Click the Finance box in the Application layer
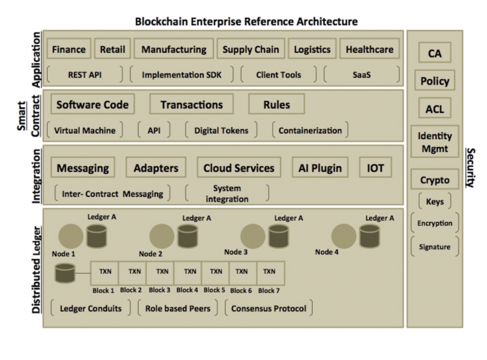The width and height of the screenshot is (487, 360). pyautogui.click(x=69, y=49)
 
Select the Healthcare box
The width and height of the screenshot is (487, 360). pyautogui.click(x=369, y=49)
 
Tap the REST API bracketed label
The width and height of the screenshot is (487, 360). pyautogui.click(x=85, y=74)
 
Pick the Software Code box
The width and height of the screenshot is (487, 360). pyautogui.click(x=92, y=104)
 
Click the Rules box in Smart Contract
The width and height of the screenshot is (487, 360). pyautogui.click(x=276, y=104)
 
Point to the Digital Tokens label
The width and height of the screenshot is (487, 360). pyautogui.click(x=221, y=130)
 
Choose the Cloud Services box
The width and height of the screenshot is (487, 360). pyautogui.click(x=239, y=168)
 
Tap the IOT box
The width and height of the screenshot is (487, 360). pyautogui.click(x=375, y=168)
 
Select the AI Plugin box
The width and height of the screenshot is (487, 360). pyautogui.click(x=320, y=168)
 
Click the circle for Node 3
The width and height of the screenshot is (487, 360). pyautogui.click(x=253, y=236)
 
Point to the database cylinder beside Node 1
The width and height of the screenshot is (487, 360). pyautogui.click(x=97, y=236)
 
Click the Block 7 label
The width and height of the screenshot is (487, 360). pyautogui.click(x=269, y=290)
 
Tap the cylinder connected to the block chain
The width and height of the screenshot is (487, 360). pyautogui.click(x=65, y=273)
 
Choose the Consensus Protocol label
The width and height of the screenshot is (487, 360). pyautogui.click(x=269, y=308)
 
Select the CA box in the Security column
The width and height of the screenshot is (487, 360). pyautogui.click(x=435, y=53)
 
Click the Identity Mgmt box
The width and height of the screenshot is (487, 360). pyautogui.click(x=435, y=142)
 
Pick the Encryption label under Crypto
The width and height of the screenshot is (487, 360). pyautogui.click(x=435, y=223)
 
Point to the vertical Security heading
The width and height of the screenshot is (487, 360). pyautogui.click(x=470, y=168)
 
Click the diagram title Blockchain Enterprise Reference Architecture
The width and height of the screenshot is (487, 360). pyautogui.click(x=246, y=21)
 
